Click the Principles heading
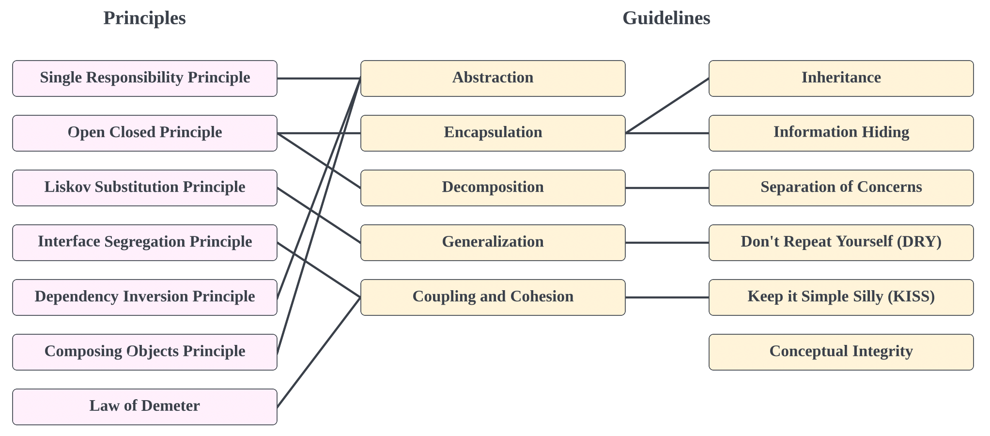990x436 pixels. [x=144, y=18]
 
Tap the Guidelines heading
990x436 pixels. [x=666, y=18]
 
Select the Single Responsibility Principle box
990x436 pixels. [x=145, y=78]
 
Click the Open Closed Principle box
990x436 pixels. [x=145, y=133]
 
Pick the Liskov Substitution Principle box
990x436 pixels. [x=145, y=187]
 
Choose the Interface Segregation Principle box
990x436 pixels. [x=145, y=242]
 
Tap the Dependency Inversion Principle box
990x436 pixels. [x=145, y=297]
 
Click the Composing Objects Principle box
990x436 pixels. [x=145, y=352]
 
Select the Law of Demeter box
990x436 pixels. [x=145, y=406]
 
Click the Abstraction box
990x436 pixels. [x=493, y=78]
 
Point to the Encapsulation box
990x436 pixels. [x=493, y=133]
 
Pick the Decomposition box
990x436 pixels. [x=493, y=187]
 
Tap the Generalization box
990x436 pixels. [x=493, y=242]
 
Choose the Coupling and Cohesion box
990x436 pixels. [x=493, y=297]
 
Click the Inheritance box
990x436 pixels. [x=841, y=78]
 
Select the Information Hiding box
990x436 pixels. [x=841, y=133]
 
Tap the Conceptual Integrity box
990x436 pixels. [x=841, y=352]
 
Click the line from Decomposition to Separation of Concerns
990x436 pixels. [x=667, y=188]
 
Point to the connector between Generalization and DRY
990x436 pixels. [x=667, y=243]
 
